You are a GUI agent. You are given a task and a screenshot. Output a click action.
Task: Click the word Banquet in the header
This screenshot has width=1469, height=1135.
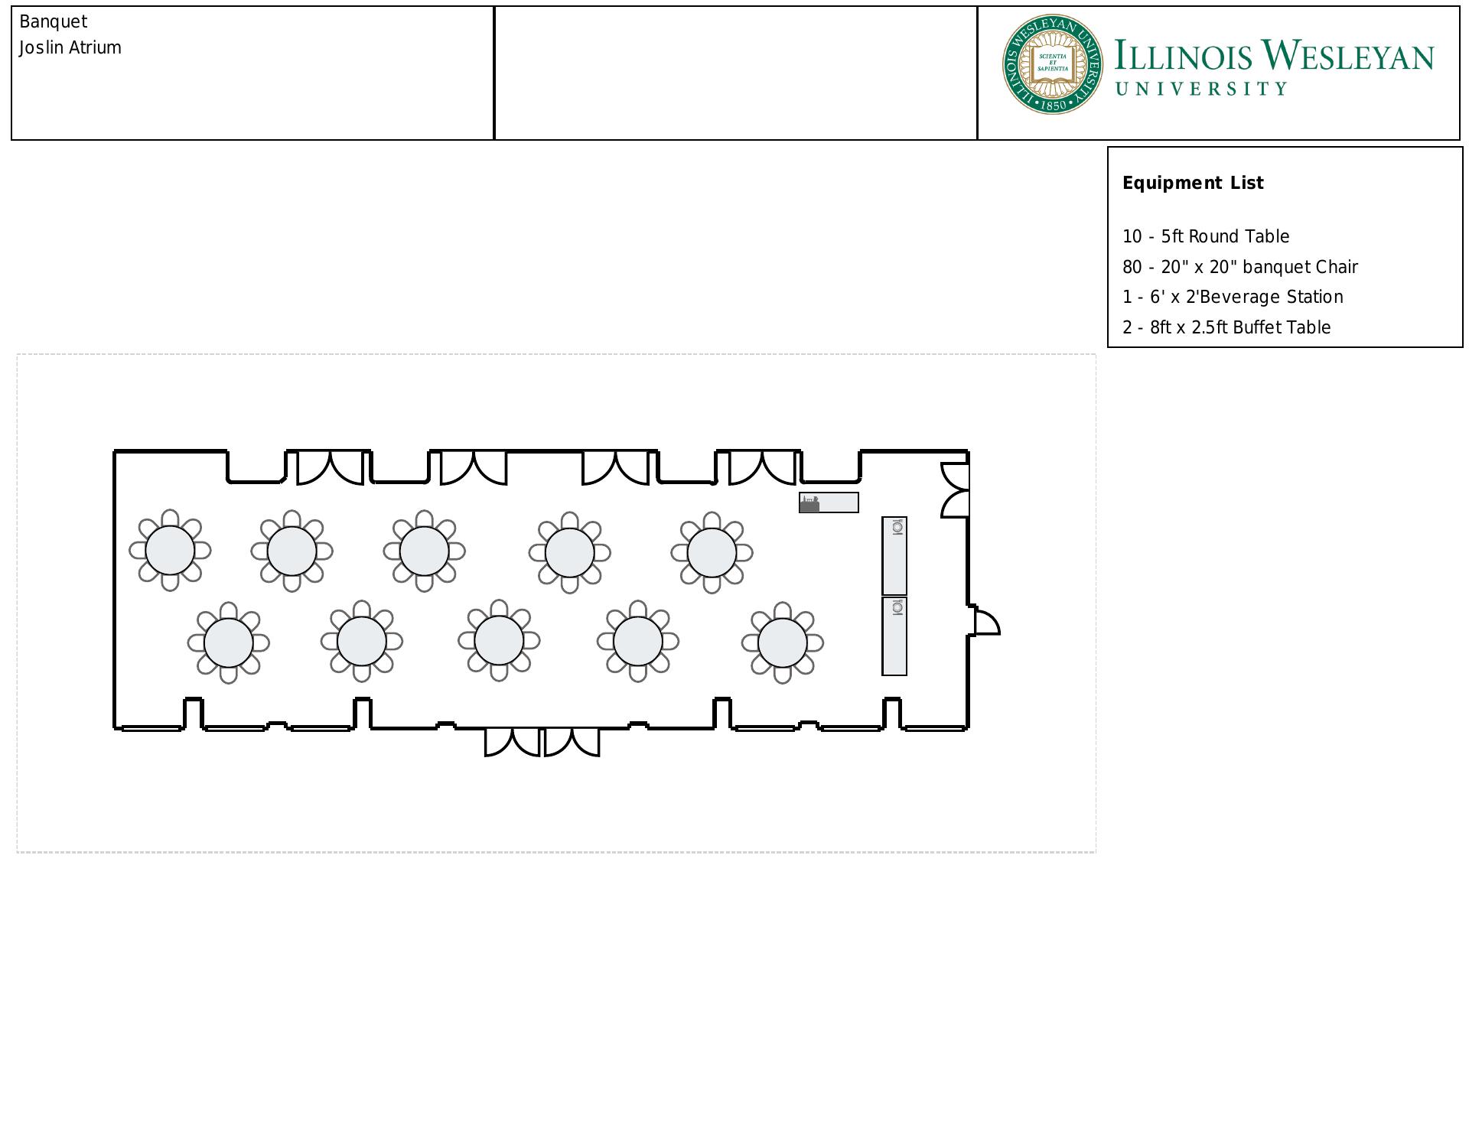(x=54, y=22)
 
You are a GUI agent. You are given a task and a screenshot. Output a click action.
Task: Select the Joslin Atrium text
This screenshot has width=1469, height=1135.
(x=70, y=47)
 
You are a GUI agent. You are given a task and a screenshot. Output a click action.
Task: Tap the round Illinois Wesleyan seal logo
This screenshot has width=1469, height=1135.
(x=1053, y=64)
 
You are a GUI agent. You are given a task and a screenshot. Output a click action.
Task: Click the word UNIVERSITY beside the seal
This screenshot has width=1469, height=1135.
(x=1201, y=89)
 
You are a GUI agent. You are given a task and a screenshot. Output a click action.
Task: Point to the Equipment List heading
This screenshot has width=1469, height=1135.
(x=1193, y=183)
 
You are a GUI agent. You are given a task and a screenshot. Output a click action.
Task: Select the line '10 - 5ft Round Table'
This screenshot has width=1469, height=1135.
(x=1206, y=236)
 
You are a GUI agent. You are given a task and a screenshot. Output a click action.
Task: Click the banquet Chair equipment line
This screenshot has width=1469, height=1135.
(x=1240, y=267)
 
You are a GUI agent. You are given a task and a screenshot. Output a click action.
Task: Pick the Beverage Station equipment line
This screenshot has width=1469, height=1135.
(x=1233, y=297)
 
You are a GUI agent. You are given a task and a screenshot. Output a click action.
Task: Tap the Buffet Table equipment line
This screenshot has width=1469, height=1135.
(x=1226, y=327)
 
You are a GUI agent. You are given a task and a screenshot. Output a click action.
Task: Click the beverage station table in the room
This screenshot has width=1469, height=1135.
(x=829, y=502)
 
